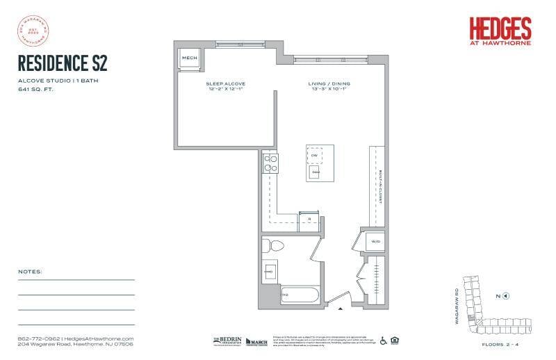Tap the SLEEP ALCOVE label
[225, 84]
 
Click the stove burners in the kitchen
[270, 163]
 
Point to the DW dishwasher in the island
[315, 154]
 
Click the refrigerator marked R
[309, 218]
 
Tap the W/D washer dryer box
[375, 241]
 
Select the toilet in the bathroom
[276, 245]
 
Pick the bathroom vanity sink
[270, 271]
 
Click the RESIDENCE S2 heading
[63, 64]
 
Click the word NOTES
[30, 272]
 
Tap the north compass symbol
[505, 295]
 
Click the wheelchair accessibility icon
[382, 341]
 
